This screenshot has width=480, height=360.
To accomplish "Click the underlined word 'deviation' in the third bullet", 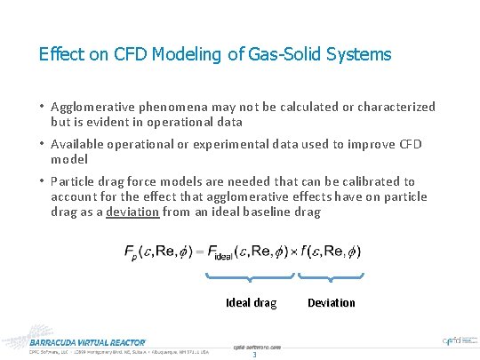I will click(133, 212).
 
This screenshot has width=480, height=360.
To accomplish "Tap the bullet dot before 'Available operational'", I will click(42, 144).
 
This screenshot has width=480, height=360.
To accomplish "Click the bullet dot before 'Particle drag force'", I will click(42, 181).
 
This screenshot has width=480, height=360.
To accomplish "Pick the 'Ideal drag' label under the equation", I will click(251, 303).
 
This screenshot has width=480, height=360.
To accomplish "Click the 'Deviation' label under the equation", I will click(331, 303).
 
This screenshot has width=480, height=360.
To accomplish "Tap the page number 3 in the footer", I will click(254, 356).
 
